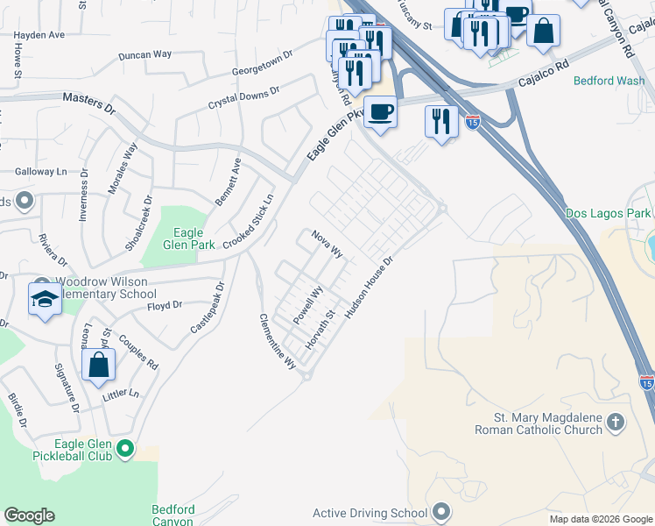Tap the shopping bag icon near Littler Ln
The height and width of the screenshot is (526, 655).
[x=98, y=364]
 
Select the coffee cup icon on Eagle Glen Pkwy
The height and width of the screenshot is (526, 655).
[x=380, y=112]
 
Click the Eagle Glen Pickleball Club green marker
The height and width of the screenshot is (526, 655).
[x=124, y=451]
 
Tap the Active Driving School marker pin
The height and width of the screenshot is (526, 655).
[x=441, y=512]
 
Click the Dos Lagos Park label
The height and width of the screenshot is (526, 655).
[x=609, y=213]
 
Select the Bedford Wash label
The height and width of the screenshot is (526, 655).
[x=609, y=81]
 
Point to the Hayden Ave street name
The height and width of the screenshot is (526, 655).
[x=39, y=35]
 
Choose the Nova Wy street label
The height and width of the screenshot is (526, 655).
[x=325, y=244]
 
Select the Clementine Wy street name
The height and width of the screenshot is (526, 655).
[x=278, y=343]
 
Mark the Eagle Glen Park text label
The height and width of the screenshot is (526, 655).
[x=188, y=239]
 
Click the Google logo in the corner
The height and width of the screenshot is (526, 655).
[x=29, y=515]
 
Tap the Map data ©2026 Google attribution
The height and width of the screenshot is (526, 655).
[x=601, y=519]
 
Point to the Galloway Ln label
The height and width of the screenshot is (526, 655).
[x=41, y=172]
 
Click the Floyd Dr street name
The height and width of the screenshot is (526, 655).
[x=165, y=305]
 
